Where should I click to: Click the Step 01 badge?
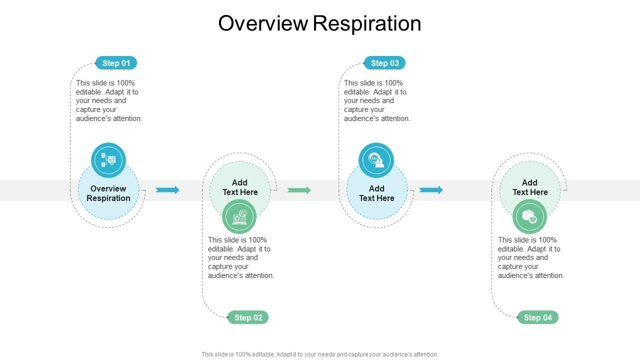coord(116,63)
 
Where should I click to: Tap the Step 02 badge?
coord(248,317)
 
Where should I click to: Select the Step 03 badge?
coord(384,63)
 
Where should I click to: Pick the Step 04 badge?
coord(537,317)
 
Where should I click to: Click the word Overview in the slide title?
coord(263,23)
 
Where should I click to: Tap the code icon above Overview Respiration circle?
coord(108,160)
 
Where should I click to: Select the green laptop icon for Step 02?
coord(239,216)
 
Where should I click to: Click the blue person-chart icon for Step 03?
coord(376,160)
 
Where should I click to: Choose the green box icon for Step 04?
coord(529,216)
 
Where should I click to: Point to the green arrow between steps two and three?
coord(299,190)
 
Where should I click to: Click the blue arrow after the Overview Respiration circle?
coord(167,190)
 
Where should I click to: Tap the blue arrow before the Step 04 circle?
coord(431,190)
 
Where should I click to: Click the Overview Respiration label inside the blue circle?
coord(108,193)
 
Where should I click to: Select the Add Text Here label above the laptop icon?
coord(240,187)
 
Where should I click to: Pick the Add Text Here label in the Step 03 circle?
coord(376,193)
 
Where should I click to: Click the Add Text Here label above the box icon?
coord(530,187)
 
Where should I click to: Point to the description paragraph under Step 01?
coord(109,100)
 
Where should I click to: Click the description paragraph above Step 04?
coord(531,257)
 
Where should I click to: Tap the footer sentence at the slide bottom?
coord(320,354)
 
